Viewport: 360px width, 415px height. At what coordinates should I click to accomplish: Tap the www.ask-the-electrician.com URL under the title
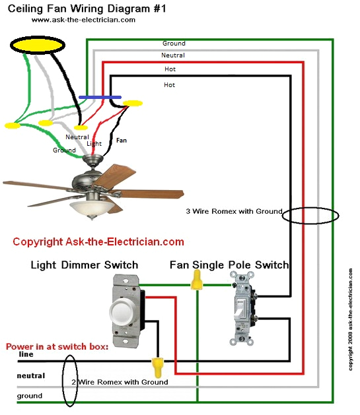tap(83, 20)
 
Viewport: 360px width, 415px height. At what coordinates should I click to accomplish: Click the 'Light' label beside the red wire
tap(94, 143)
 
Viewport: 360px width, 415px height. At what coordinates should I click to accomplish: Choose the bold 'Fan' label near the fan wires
tap(122, 141)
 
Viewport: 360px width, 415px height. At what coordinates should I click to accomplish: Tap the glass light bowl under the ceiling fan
tap(92, 209)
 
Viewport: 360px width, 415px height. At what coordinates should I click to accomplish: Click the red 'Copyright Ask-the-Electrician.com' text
tap(98, 242)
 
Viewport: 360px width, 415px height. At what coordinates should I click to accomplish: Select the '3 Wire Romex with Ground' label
tap(234, 212)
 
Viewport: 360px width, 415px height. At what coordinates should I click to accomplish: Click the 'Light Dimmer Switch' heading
tap(85, 265)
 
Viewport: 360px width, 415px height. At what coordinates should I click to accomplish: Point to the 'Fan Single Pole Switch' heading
tap(229, 265)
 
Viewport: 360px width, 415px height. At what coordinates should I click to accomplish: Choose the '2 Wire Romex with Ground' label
tap(120, 382)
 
